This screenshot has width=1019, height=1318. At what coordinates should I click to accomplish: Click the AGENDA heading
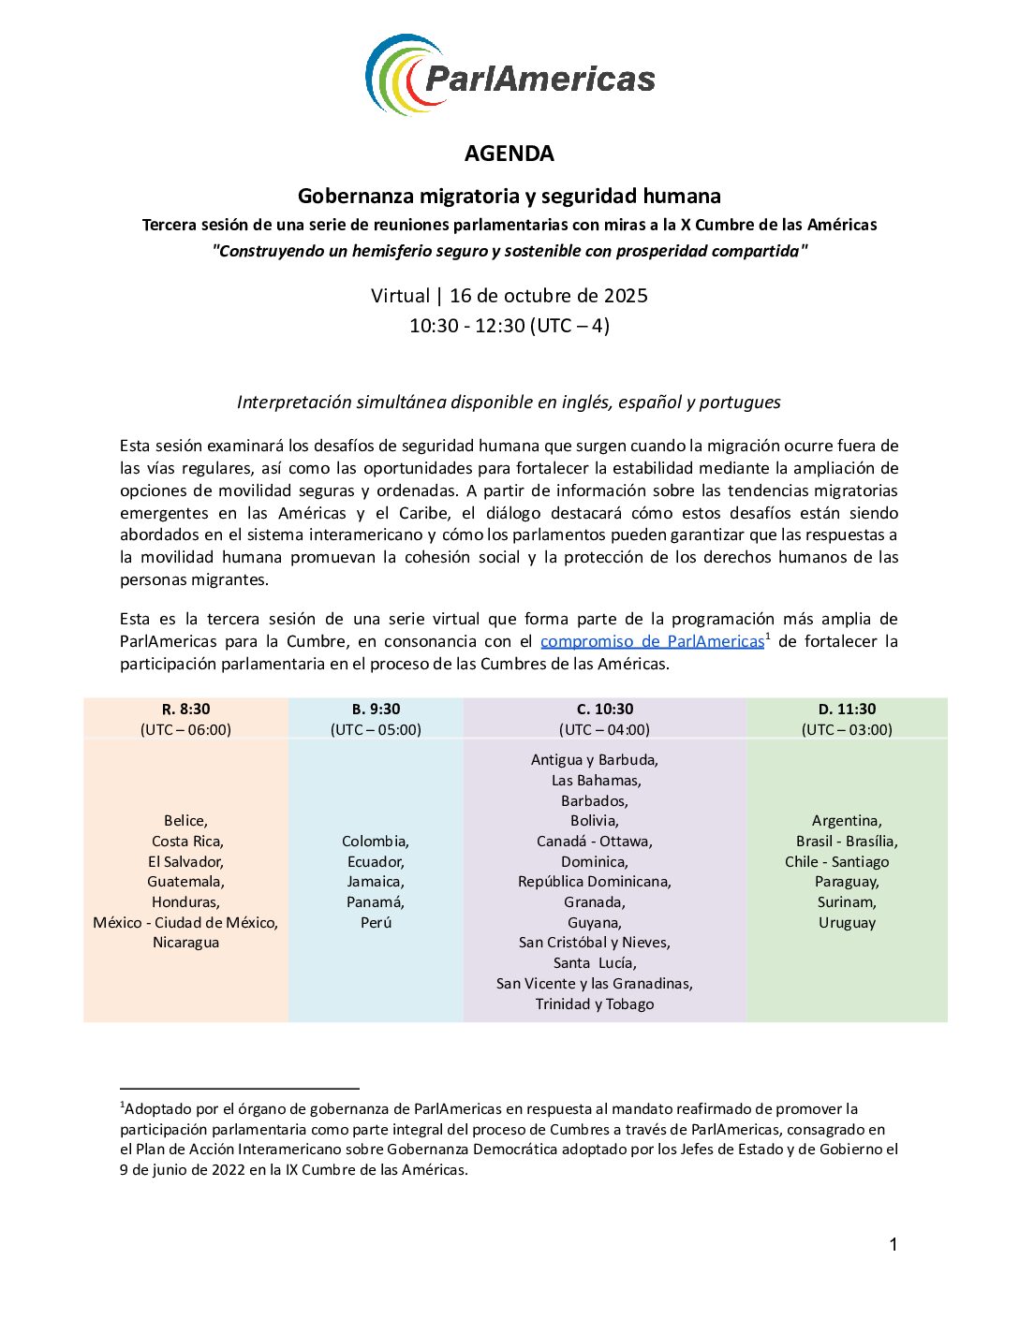tap(509, 154)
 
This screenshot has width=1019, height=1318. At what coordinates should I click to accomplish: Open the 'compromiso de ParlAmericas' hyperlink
tap(652, 641)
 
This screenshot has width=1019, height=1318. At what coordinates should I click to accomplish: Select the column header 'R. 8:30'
tap(185, 709)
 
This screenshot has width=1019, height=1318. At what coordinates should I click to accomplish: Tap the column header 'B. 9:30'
tap(376, 709)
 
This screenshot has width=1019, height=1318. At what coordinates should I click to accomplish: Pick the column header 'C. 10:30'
tap(604, 709)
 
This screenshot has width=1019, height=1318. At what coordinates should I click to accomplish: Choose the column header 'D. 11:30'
tap(847, 709)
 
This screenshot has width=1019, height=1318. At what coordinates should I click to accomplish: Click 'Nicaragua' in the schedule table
tap(185, 943)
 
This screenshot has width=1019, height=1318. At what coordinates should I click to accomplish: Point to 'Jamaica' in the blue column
tap(375, 882)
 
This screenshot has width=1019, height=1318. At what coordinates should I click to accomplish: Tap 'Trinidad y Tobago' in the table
tap(595, 1004)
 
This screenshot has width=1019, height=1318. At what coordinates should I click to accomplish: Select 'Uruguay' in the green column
tap(847, 923)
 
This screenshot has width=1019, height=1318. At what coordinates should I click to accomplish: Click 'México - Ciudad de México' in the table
tap(185, 923)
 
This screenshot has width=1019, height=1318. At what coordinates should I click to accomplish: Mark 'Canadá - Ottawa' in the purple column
tap(594, 842)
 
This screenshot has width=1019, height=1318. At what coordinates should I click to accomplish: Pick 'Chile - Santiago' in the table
tap(837, 862)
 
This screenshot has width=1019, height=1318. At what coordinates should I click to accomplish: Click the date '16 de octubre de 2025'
tap(549, 296)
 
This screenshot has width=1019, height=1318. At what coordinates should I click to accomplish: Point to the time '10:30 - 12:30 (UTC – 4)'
tap(509, 326)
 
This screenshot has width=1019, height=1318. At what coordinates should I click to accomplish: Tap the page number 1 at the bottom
tap(893, 1244)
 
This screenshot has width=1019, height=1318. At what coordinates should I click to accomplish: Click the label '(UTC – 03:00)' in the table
tap(847, 729)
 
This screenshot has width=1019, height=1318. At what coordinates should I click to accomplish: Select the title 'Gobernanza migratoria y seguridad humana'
tap(509, 196)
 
